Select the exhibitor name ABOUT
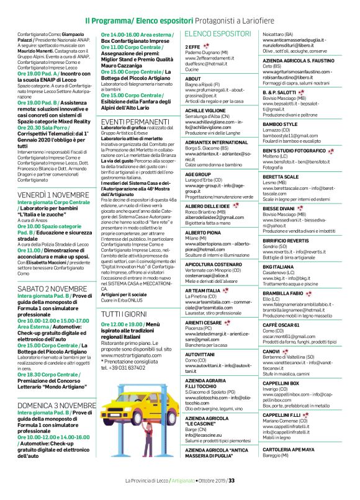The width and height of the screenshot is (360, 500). click(x=193, y=79)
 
